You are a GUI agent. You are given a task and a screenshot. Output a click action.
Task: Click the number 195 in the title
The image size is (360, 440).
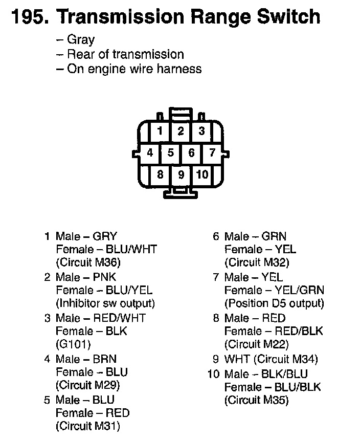28,17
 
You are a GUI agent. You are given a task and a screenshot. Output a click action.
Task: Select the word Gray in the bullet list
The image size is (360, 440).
81,40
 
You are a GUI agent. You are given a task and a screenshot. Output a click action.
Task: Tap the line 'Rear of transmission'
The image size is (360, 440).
125,54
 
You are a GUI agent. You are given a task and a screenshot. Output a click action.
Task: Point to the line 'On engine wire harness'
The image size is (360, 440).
134,69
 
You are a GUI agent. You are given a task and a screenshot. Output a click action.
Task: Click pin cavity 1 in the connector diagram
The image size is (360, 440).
160,131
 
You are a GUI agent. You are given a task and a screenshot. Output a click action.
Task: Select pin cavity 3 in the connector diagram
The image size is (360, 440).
202,131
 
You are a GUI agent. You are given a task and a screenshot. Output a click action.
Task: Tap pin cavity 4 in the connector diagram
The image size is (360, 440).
150,152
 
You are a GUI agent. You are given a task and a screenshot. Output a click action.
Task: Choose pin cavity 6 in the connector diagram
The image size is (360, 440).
191,152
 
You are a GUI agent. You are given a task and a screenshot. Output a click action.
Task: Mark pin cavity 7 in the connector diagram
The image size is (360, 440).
212,152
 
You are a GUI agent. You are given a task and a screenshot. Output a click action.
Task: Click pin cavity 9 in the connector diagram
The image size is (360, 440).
181,174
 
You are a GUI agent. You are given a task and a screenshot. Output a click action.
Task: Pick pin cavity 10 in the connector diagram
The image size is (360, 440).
202,174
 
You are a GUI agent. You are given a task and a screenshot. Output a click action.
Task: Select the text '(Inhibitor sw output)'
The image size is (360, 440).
105,303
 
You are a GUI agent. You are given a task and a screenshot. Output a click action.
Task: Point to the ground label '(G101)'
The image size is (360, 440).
73,344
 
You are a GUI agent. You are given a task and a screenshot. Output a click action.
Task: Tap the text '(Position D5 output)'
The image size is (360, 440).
274,303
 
